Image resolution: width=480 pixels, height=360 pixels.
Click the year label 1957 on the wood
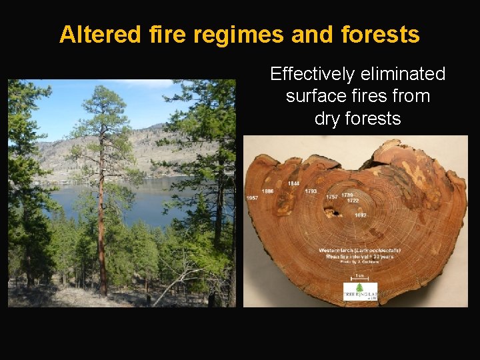253,198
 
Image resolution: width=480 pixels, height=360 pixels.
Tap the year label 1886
267,191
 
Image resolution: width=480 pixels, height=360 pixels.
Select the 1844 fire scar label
293,184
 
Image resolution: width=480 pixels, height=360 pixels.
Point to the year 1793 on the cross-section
311,191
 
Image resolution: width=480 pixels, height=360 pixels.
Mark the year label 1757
331,197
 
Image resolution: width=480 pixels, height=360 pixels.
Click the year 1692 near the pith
361,215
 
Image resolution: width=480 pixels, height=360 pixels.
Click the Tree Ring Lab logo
360,291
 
